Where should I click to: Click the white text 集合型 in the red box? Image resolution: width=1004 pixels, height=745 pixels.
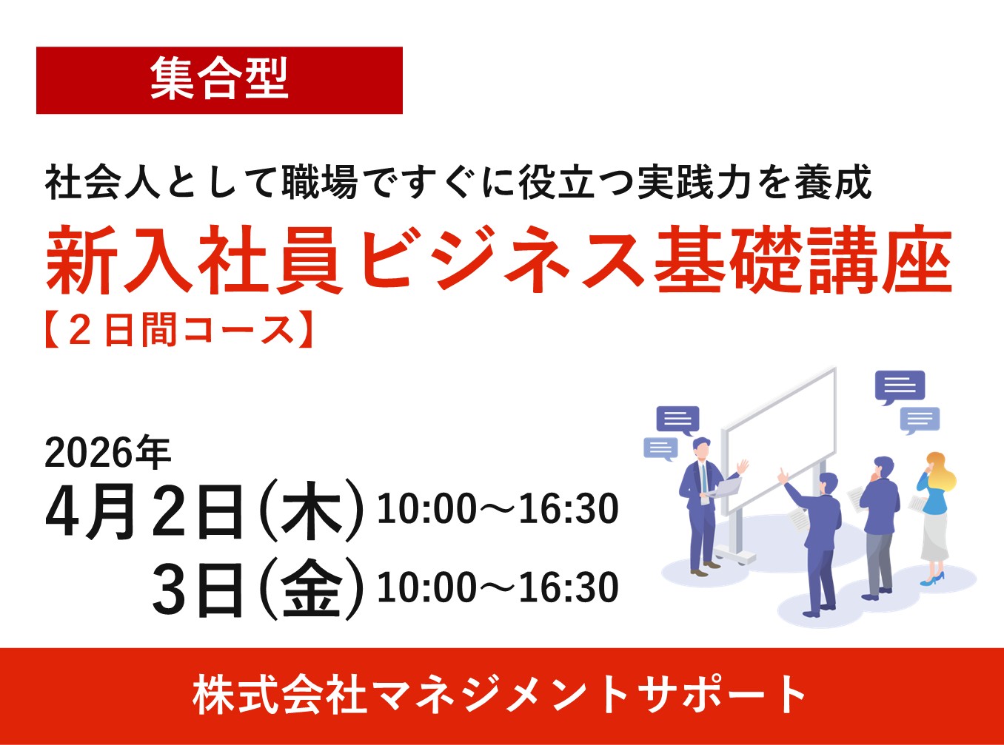coord(219,80)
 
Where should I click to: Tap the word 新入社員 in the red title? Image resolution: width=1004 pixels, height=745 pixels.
coord(194,260)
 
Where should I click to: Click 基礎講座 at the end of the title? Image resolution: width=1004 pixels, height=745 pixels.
coord(803,260)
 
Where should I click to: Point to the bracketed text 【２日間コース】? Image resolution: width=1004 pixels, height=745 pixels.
coord(178,330)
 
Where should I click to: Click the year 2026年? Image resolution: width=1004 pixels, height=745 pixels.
coord(107,452)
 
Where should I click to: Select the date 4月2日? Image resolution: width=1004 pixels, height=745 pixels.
coord(145,511)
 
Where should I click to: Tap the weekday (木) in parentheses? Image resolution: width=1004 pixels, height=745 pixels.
coord(311,511)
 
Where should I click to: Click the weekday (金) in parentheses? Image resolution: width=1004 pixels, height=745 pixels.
coord(311,589)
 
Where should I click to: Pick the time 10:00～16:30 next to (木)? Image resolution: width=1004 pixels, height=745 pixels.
coord(498,510)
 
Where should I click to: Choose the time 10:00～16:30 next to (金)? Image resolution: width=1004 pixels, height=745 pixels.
coord(498,587)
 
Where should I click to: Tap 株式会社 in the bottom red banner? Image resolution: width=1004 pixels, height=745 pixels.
coord(280,695)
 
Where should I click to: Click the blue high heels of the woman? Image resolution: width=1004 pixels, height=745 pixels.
coord(932,579)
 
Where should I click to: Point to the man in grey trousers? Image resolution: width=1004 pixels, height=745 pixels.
coord(879,525)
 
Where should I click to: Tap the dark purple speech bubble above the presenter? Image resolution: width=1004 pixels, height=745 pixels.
coord(677,419)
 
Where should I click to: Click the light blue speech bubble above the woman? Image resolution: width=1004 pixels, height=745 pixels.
coord(920,420)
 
